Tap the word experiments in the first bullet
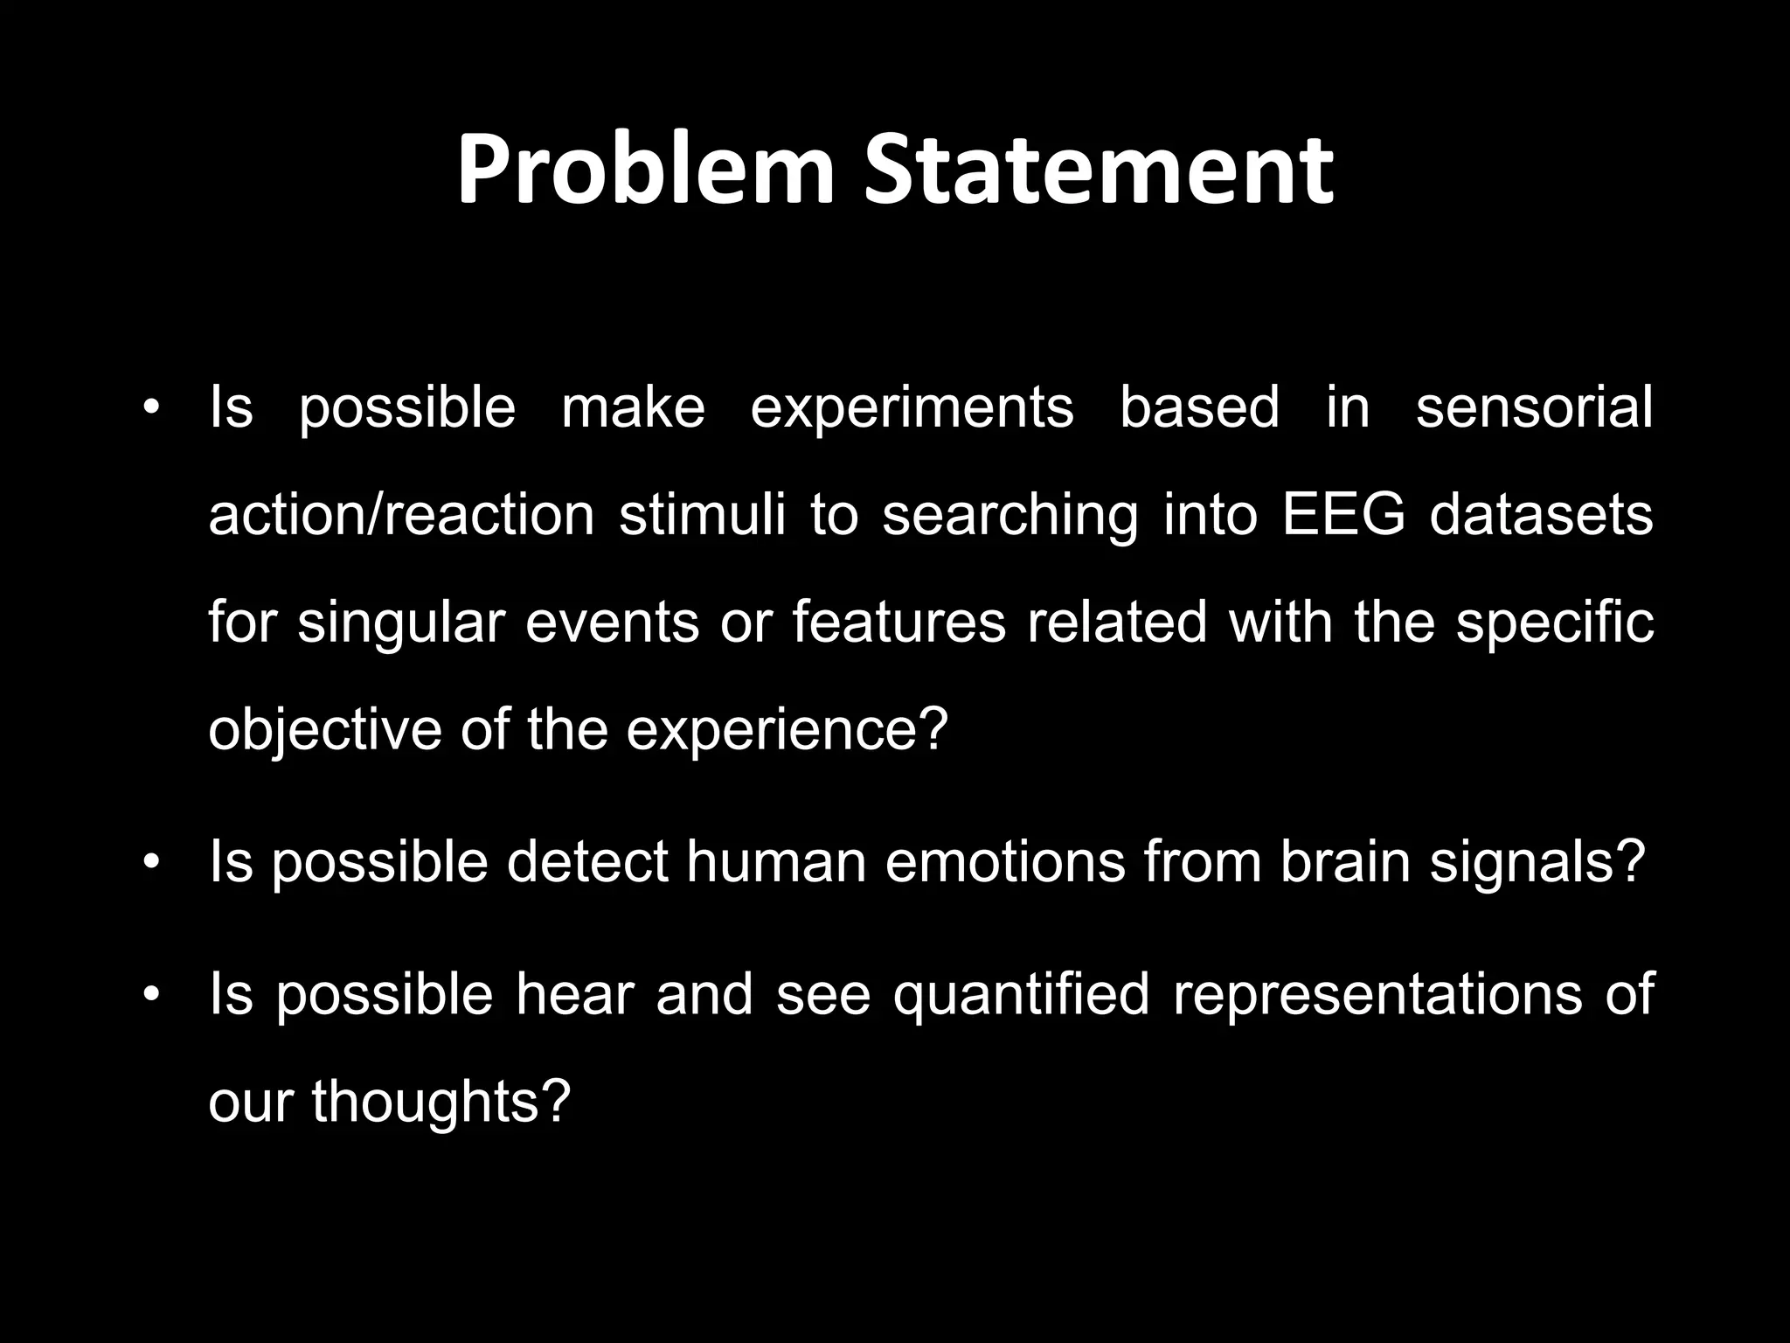(x=912, y=407)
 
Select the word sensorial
(x=1534, y=407)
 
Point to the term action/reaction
(x=401, y=515)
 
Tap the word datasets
(x=1541, y=515)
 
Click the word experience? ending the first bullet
(x=787, y=730)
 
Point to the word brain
(x=1345, y=862)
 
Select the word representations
(x=1377, y=995)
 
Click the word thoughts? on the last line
(x=441, y=1102)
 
